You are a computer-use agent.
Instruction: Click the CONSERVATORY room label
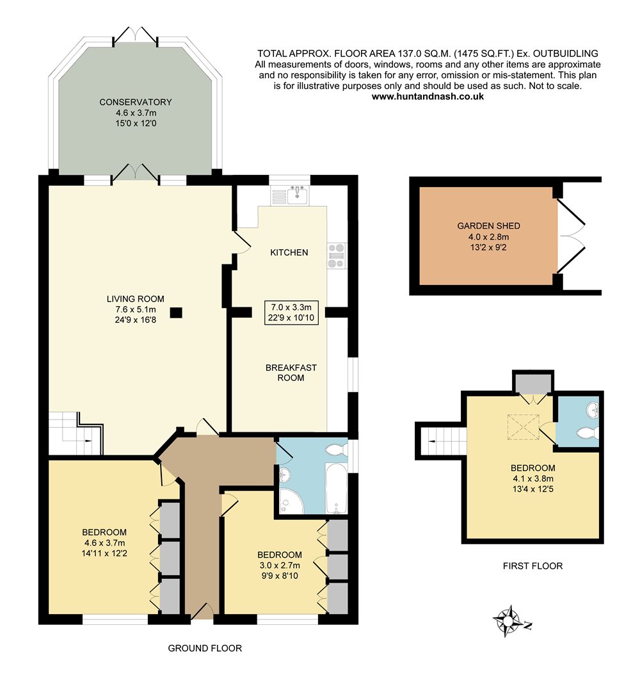136,102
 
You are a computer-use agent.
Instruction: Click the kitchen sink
296,195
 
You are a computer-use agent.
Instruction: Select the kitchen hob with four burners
336,255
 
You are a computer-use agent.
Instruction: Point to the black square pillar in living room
176,312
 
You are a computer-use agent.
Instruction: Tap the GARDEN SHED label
488,226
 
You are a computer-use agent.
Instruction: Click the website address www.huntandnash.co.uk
428,97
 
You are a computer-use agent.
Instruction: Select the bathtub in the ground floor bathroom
336,487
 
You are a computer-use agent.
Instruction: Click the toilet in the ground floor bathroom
337,450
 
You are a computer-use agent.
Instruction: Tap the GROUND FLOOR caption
205,648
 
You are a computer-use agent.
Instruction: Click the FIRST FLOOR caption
532,566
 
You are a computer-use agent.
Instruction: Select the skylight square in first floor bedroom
524,426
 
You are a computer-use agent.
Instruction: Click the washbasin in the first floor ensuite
593,409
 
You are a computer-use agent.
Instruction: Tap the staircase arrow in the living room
87,441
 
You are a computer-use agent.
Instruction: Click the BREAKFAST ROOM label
291,373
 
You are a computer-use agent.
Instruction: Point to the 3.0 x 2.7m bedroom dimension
279,565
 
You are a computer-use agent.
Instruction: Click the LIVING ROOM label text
136,299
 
